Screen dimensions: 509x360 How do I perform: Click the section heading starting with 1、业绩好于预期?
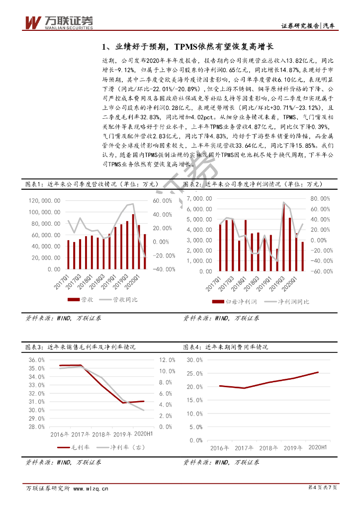(x=187, y=47)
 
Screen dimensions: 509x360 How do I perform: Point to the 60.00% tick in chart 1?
(x=161, y=200)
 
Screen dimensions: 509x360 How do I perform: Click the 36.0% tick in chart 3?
(x=37, y=360)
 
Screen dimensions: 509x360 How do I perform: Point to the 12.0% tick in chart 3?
(x=167, y=360)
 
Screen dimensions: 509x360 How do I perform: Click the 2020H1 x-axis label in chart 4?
(x=317, y=434)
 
